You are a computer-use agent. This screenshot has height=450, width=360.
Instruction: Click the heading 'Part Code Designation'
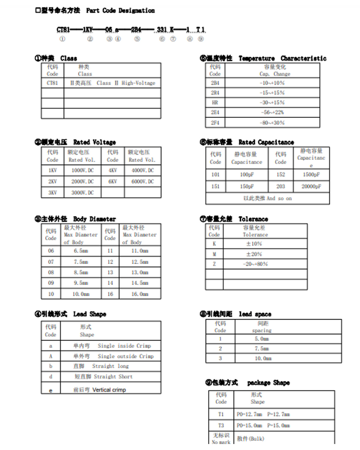click(120, 10)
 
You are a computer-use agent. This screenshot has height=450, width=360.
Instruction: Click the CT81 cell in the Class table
click(52, 83)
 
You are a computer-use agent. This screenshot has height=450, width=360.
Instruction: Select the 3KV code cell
click(52, 193)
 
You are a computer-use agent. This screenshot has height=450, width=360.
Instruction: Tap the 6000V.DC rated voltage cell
click(142, 181)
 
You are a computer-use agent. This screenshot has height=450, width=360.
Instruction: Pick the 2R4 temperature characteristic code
click(215, 93)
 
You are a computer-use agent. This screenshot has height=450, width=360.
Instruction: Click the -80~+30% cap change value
click(272, 123)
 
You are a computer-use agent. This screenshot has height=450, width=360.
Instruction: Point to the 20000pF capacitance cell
click(311, 186)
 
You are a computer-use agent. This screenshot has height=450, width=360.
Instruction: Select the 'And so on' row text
click(267, 198)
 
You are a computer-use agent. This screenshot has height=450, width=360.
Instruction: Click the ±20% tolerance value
click(254, 254)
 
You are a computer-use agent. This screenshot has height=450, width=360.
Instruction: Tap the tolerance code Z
click(214, 264)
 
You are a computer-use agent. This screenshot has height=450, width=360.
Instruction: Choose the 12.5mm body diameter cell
click(140, 262)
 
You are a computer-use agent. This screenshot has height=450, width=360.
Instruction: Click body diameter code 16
click(110, 294)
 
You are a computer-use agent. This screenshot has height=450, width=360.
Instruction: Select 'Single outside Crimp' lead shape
click(126, 356)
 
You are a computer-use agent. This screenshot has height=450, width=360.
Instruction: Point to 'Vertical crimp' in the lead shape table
click(109, 390)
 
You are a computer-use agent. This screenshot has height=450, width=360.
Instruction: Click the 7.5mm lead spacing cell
click(262, 349)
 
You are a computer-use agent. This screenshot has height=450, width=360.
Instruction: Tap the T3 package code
click(221, 425)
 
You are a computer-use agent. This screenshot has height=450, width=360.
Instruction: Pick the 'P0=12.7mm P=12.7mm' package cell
click(263, 414)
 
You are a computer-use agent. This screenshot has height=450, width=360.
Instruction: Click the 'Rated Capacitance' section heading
click(266, 142)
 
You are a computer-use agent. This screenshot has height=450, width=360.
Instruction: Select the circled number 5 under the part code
click(137, 39)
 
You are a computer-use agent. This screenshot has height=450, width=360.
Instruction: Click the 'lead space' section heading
click(255, 314)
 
